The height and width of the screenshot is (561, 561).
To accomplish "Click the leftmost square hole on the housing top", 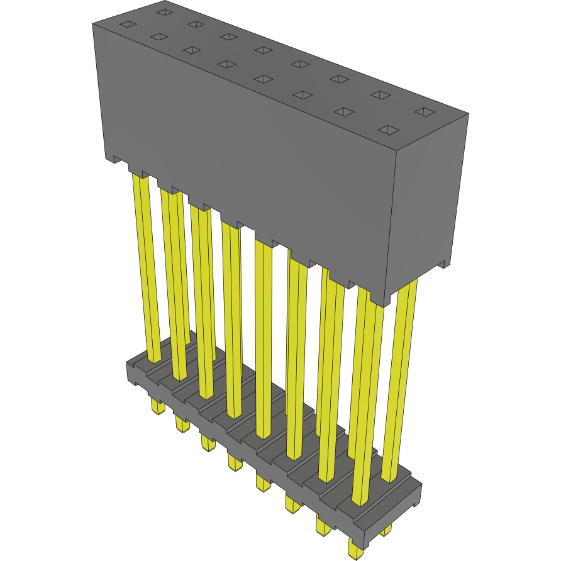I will pos(128,25).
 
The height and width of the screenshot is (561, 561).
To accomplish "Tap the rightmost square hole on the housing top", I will pos(426,112).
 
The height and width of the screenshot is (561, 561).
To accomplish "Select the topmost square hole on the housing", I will pos(164,11).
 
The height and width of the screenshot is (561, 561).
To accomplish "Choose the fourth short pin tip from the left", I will pos(235,464).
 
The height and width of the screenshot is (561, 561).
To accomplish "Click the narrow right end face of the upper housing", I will pos(431,201).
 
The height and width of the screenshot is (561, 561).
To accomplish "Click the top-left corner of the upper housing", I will pos(93,23).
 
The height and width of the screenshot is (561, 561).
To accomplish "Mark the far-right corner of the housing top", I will pos(469,114).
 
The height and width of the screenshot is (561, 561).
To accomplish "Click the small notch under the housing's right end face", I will pos(443,264).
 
